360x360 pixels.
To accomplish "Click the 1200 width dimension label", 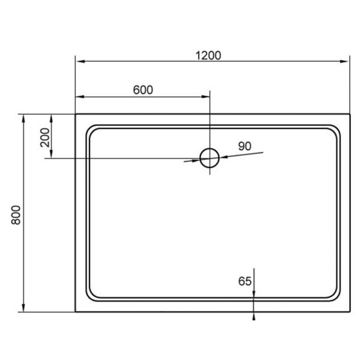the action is point(208,56).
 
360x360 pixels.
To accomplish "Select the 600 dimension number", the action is point(143,90).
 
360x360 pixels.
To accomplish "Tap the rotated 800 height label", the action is point(16,215).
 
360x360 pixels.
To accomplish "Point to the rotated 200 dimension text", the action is point(45,137).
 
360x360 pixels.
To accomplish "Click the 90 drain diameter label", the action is point(245,146).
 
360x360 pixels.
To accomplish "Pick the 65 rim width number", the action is point(245,281).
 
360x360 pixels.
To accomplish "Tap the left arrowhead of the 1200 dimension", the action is point(80,61).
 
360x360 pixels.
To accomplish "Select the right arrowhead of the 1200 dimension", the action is point(344,61).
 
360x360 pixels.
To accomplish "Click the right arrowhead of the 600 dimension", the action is point(205,97).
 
